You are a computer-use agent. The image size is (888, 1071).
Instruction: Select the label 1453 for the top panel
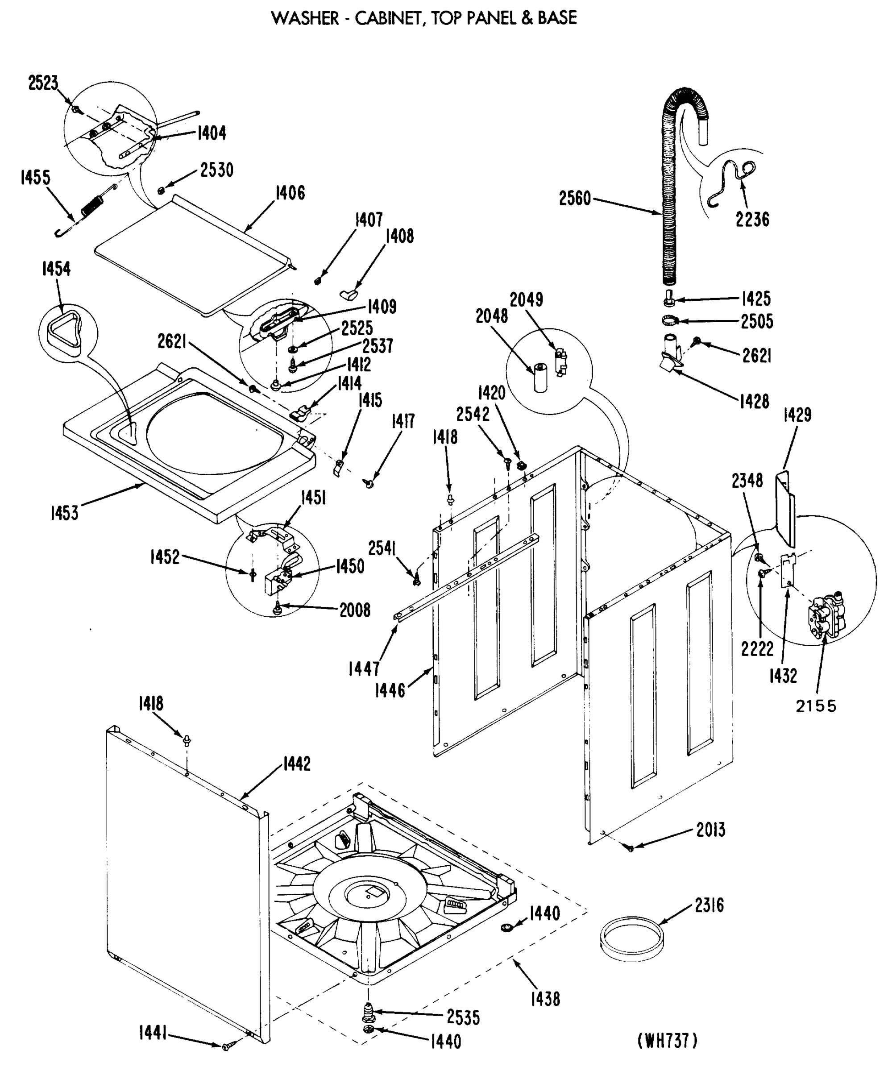coord(64,513)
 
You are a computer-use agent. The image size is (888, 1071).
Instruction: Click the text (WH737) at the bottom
coord(667,1040)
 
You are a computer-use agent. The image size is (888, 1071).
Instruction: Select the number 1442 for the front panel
coord(296,764)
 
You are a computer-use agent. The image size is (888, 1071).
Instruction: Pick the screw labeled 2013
coord(631,847)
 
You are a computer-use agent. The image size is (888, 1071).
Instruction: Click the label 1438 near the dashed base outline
coord(545,999)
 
